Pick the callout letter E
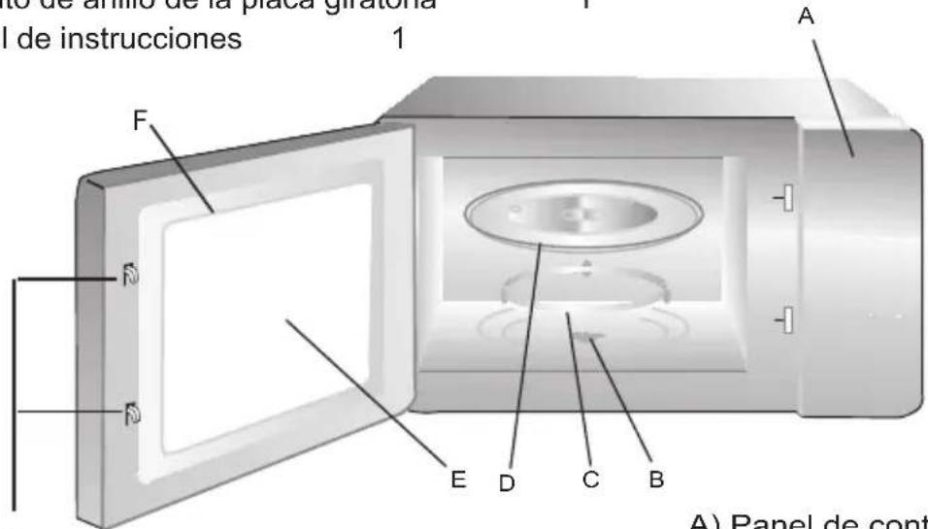pos(458,478)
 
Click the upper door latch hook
pos(129,280)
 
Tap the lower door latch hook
pos(129,415)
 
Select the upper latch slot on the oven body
pos(786,199)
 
